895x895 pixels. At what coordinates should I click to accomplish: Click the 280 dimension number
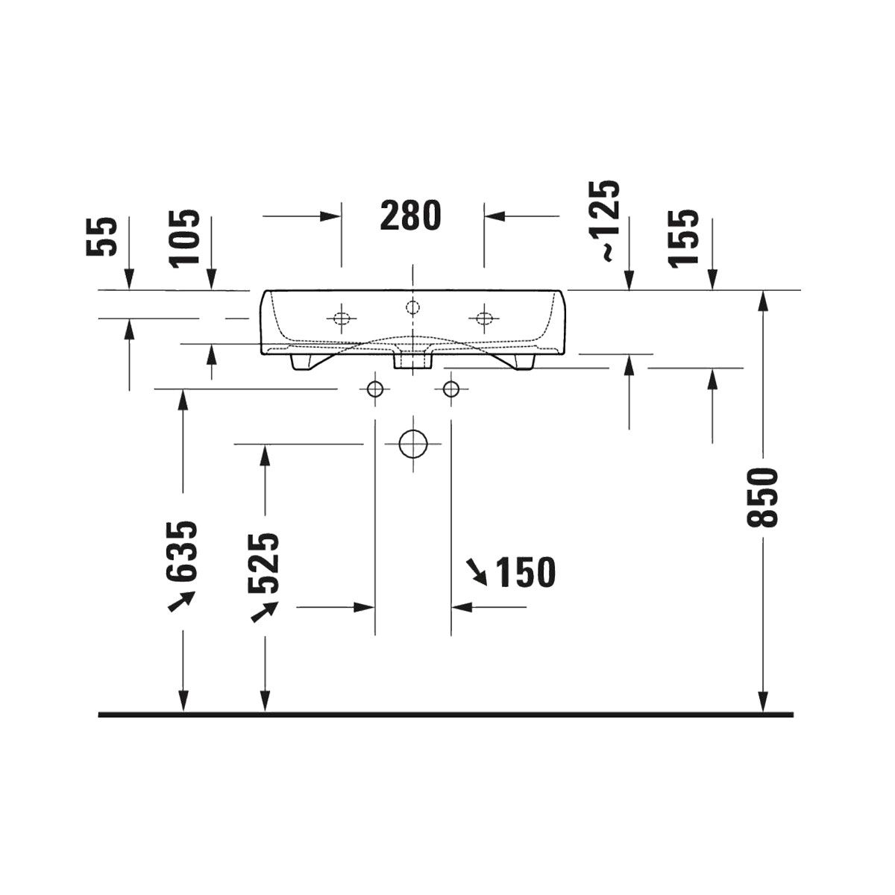[x=410, y=216]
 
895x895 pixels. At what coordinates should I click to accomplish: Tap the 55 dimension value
[x=101, y=237]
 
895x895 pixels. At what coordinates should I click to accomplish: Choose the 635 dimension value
[x=181, y=551]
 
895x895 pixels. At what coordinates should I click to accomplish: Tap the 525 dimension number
[x=264, y=563]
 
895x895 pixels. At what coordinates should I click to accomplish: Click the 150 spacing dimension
[x=526, y=572]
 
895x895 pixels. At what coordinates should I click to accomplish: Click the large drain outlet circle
[x=412, y=444]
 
